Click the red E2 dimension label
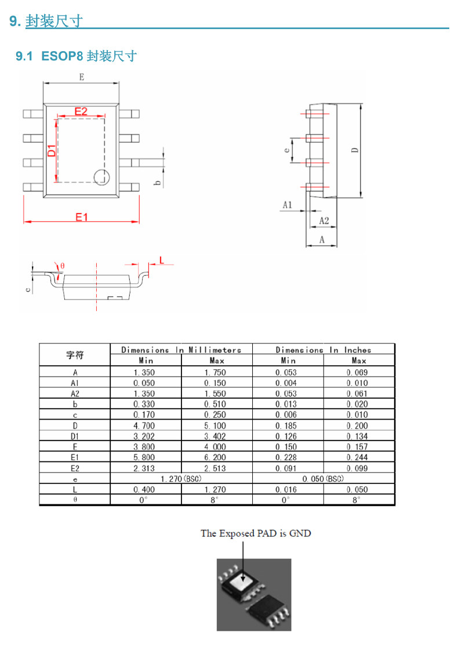tap(81, 111)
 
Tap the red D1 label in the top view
tap(52, 150)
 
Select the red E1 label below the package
tap(82, 217)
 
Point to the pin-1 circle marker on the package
tap(101, 177)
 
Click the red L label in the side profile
tap(162, 261)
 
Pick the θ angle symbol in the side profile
tap(63, 266)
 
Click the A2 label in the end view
tap(324, 221)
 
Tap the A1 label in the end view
tap(288, 205)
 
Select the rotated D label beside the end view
tap(355, 150)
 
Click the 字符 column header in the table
tap(75, 355)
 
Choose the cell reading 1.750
tap(215, 372)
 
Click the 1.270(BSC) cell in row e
tap(181, 479)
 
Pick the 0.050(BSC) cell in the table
tap(323, 479)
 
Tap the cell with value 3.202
tap(144, 436)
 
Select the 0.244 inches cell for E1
tap(357, 457)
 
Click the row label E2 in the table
tap(75, 468)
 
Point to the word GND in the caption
tap(300, 533)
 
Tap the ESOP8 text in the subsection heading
tap(62, 56)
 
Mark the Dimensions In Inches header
tap(323, 350)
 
